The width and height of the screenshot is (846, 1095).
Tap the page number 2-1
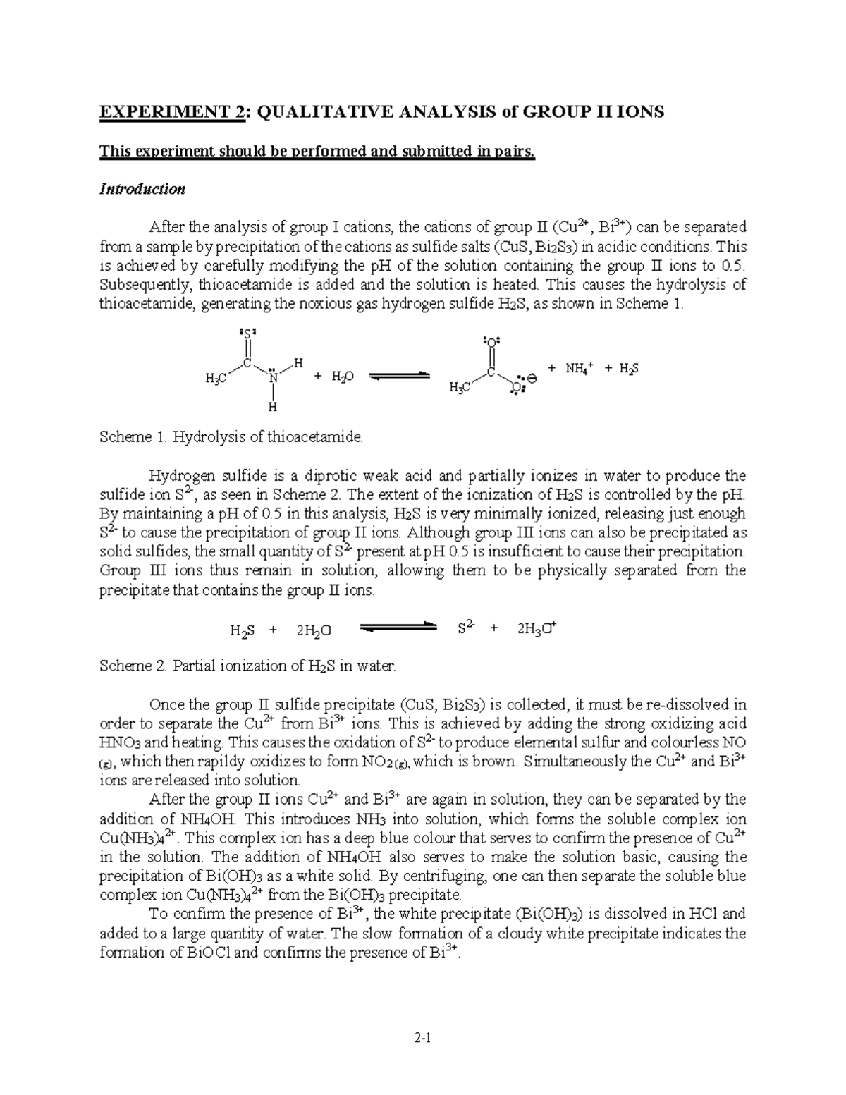pos(423,1037)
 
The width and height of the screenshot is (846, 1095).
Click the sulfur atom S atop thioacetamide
pos(247,331)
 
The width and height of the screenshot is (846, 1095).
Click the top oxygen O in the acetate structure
pos(491,341)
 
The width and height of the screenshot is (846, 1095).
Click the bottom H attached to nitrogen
pos(273,408)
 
